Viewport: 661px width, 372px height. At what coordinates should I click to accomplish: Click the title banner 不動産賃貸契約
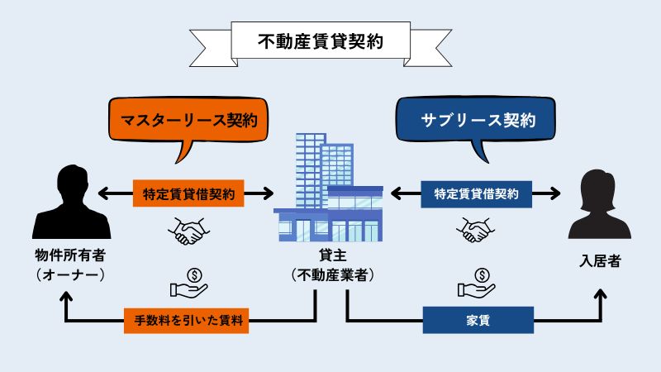[321, 42]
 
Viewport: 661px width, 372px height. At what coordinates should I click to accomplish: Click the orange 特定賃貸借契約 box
[188, 193]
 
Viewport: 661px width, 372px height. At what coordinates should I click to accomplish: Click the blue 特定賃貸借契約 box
[477, 194]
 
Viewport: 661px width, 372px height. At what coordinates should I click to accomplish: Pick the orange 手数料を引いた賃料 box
[187, 321]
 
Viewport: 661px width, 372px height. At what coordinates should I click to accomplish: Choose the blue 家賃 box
[478, 320]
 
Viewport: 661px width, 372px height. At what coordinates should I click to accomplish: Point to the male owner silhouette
[72, 202]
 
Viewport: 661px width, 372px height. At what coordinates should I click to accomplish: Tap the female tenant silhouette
[600, 204]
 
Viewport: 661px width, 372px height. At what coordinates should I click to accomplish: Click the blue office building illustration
[328, 188]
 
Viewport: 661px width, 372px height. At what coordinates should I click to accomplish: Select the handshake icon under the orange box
[188, 231]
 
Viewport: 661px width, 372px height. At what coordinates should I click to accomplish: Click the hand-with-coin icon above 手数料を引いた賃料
[188, 283]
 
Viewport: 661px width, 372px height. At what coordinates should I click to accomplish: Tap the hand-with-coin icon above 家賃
[477, 283]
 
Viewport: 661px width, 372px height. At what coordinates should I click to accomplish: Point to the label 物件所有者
[70, 255]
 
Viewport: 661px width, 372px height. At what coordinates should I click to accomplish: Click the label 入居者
[601, 261]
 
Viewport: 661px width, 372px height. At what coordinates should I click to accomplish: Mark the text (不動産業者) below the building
[333, 275]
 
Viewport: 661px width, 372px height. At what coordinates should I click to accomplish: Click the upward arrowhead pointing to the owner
[66, 297]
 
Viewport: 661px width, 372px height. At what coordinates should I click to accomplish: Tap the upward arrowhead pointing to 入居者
[601, 294]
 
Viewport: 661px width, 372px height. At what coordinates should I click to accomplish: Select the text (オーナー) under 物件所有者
[70, 275]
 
